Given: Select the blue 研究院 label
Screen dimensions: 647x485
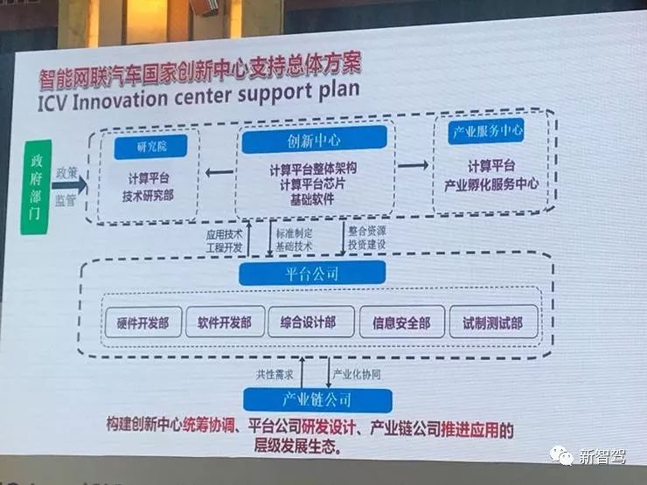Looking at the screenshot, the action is point(146,146).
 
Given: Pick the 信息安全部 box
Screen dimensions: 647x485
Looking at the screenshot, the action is point(401,322).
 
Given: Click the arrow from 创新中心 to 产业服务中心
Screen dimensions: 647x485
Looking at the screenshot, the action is point(414,165).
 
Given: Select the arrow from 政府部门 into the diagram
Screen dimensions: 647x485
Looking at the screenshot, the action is point(73,184).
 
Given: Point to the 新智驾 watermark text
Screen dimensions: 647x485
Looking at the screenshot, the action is point(604,456).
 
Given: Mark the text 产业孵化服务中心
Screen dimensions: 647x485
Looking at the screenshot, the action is point(490,185).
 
